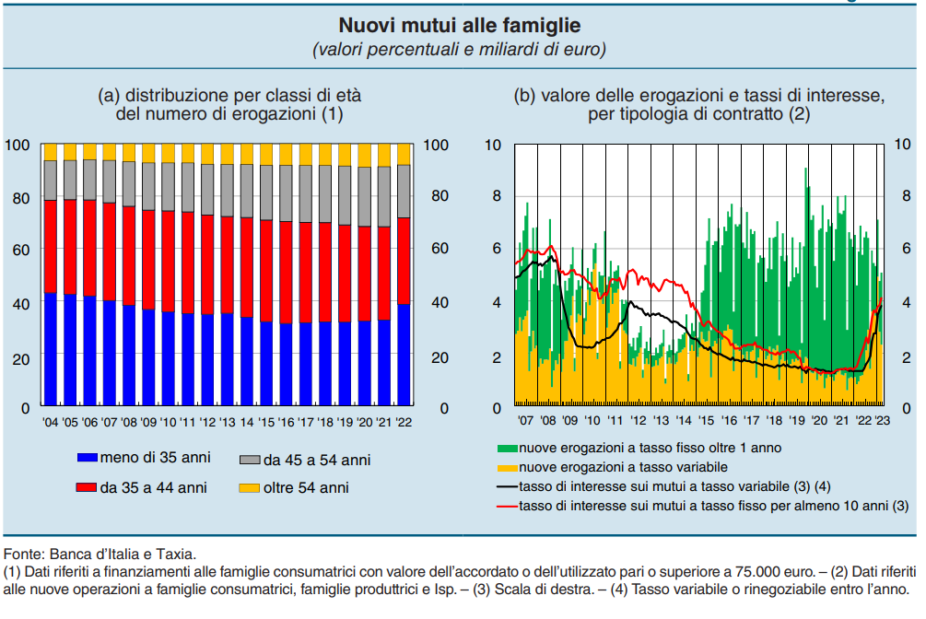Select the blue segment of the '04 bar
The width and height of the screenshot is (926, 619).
click(51, 350)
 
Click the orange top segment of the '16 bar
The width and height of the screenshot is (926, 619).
click(286, 154)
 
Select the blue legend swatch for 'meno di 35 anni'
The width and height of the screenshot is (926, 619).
click(88, 458)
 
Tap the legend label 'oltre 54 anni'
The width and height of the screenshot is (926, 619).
click(306, 487)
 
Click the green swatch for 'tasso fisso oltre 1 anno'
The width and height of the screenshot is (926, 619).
click(507, 449)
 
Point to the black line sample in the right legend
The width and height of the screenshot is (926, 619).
click(507, 485)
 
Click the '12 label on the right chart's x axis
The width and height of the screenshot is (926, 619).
click(637, 420)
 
